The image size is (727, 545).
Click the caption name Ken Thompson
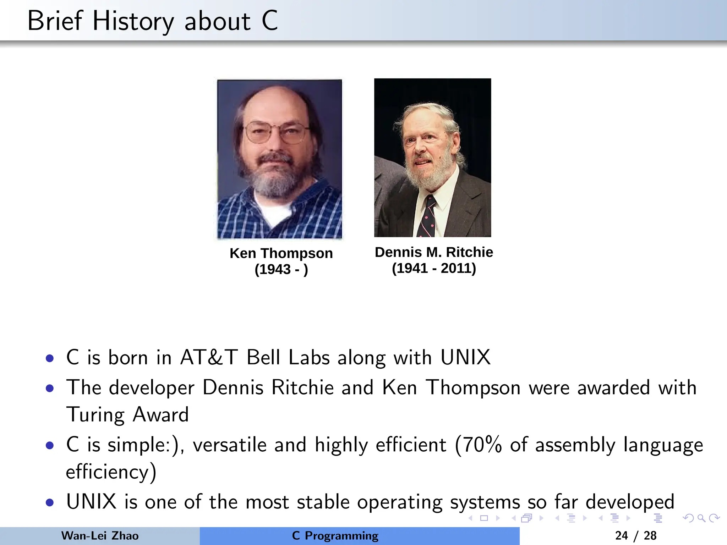[281, 253]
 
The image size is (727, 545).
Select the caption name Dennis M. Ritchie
[434, 252]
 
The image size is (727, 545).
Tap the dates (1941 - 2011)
[434, 268]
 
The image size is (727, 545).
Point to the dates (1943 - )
[281, 269]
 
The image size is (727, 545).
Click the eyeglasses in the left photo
[276, 132]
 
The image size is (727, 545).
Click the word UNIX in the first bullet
[465, 357]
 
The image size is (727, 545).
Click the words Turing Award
[127, 414]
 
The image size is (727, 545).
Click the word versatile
[230, 445]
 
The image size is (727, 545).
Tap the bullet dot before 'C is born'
[50, 358]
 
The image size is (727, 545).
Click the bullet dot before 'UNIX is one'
[50, 503]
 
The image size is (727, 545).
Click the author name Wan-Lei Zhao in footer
[100, 536]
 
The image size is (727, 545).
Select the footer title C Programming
[335, 536]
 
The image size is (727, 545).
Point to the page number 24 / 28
[635, 536]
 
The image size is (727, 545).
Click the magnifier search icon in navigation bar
[701, 518]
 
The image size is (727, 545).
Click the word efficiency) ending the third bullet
[111, 472]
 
